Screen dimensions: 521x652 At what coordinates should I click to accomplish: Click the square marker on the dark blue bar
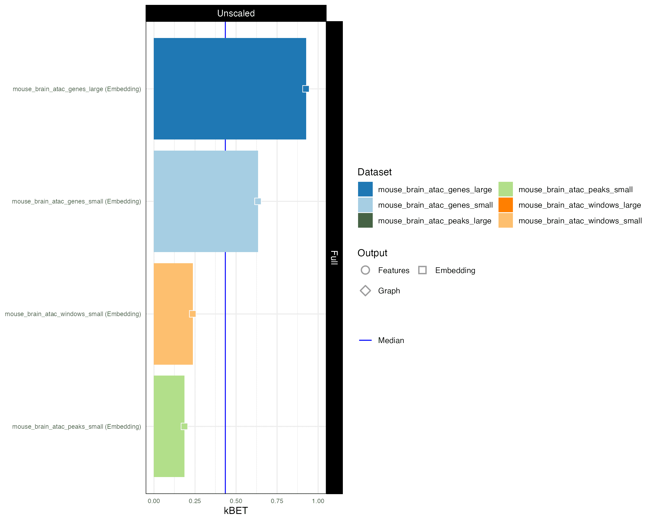point(306,89)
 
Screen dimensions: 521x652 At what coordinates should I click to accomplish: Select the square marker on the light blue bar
point(258,201)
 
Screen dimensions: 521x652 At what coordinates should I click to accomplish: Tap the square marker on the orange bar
point(193,314)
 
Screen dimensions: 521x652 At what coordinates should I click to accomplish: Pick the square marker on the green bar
point(184,426)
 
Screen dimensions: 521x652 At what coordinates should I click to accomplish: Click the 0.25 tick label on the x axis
point(195,501)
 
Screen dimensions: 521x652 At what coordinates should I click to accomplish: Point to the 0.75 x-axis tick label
point(277,501)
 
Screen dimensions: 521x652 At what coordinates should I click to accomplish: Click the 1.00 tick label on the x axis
point(318,501)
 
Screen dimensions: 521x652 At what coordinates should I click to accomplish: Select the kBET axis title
point(236,511)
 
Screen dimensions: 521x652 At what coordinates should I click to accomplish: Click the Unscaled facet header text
point(236,13)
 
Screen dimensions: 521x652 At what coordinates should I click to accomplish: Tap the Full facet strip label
point(334,257)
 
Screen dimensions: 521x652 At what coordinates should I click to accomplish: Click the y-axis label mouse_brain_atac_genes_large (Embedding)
point(77,89)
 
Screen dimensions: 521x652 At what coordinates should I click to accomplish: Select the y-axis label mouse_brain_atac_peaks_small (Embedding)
point(77,427)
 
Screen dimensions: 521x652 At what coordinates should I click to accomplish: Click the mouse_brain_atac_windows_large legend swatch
point(506,205)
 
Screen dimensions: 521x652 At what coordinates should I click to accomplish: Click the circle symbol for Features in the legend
point(365,270)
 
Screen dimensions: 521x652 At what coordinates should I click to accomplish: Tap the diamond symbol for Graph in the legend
point(365,291)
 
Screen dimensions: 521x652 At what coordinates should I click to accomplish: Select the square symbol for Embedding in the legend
point(422,270)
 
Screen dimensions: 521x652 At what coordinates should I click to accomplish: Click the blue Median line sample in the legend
point(365,340)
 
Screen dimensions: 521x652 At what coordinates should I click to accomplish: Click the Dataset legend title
point(374,172)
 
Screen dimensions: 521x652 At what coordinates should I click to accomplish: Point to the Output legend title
point(372,253)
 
